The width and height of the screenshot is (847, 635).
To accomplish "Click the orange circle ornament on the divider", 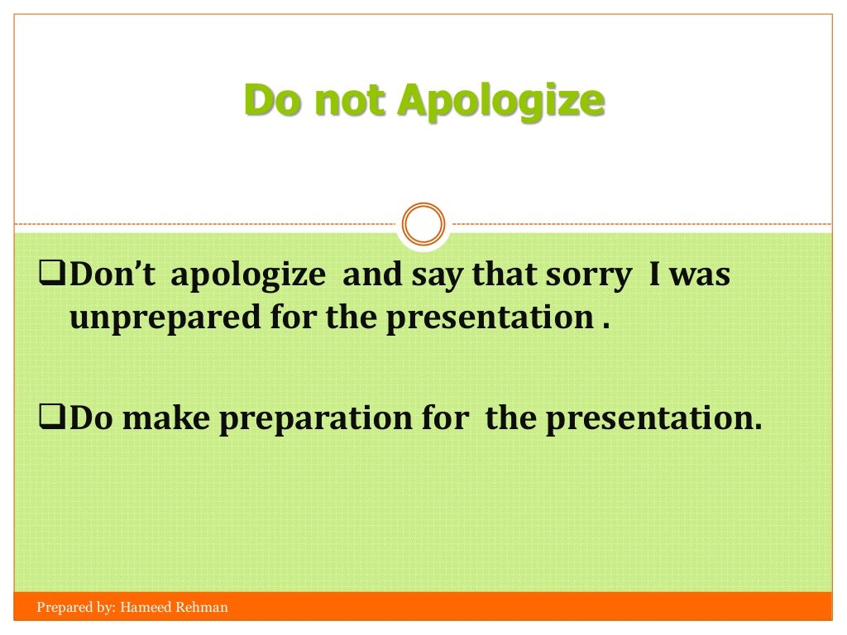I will [423, 224].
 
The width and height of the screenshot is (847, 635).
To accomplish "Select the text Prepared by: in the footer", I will [75, 608].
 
